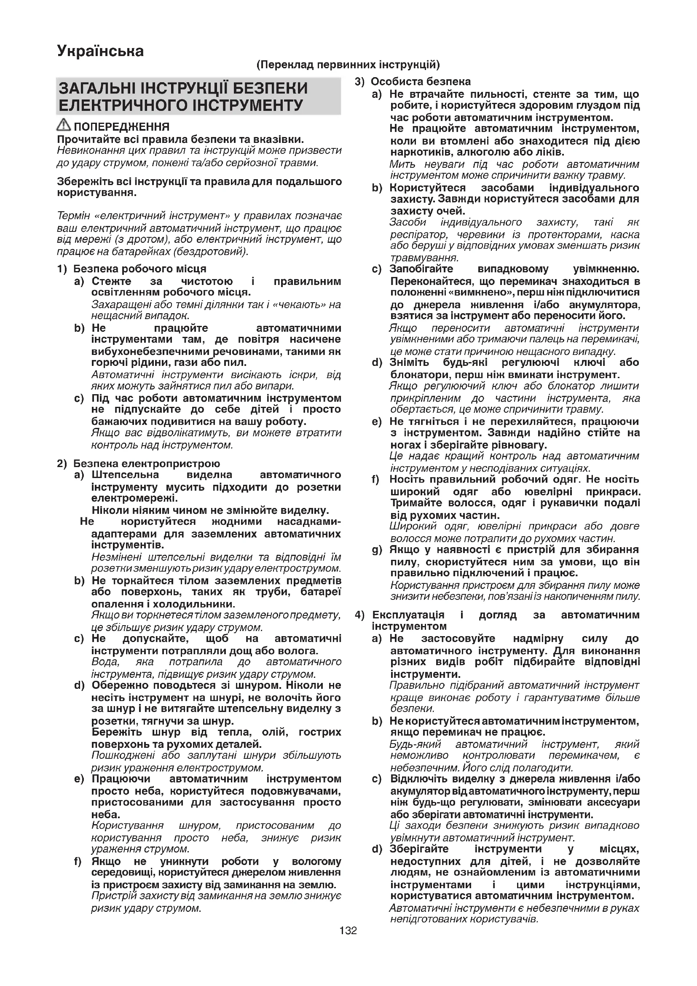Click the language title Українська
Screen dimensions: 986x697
[x=100, y=51]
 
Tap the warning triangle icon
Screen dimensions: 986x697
[x=64, y=125]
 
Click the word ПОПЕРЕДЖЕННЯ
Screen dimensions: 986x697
[x=121, y=127]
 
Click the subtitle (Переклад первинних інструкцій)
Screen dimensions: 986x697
[x=348, y=65]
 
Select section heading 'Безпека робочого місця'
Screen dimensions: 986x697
[x=139, y=269]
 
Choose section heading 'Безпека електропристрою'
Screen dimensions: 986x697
[x=146, y=464]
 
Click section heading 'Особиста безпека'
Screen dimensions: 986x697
[x=421, y=82]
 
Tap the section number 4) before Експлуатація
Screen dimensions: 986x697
[x=359, y=615]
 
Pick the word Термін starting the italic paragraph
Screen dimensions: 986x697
[x=73, y=215]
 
